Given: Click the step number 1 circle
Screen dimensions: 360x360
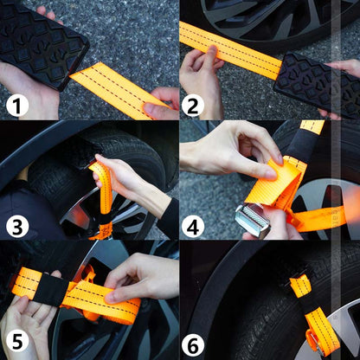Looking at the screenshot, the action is click(17, 106).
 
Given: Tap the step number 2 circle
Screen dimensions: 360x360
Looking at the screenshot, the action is click(193, 106).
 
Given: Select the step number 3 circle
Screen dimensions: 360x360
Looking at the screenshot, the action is click(17, 227).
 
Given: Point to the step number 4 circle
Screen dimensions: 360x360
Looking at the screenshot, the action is click(193, 227).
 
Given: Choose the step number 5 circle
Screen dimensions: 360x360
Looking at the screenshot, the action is click(17, 342).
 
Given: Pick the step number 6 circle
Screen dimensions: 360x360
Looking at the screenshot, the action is click(193, 345).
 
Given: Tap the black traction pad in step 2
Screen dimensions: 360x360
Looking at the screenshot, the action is click(318, 84).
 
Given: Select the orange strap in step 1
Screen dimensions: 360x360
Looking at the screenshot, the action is click(121, 89).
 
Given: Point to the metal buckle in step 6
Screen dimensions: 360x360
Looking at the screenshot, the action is click(314, 344).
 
